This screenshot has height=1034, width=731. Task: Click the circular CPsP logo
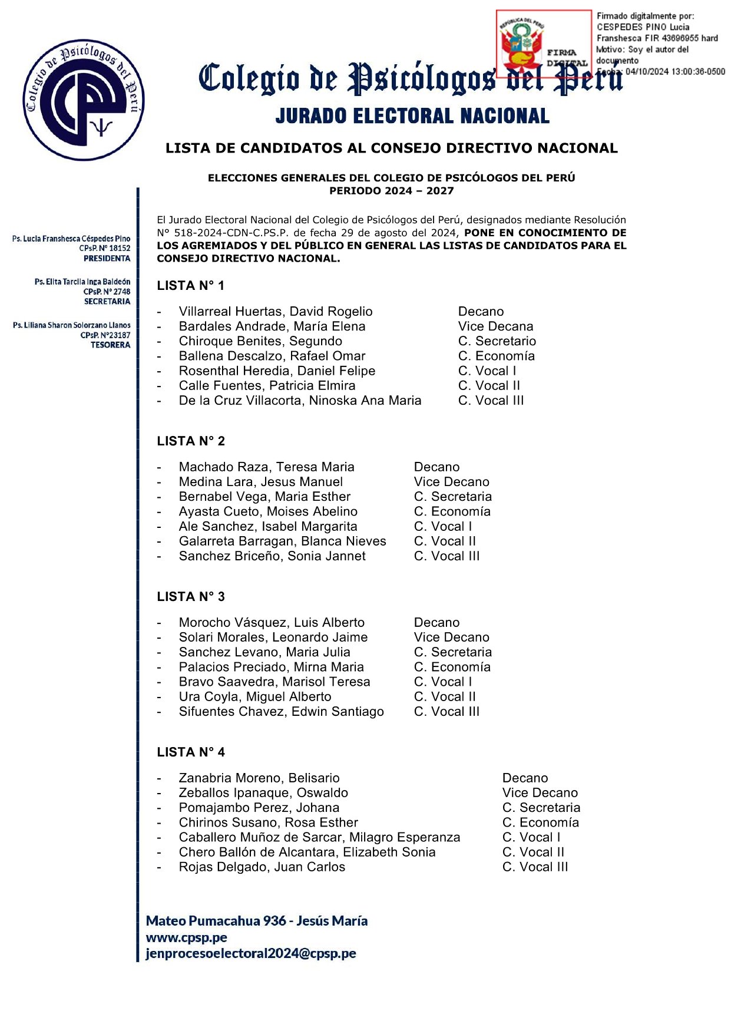click(84, 100)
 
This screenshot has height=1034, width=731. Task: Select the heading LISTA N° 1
click(190, 286)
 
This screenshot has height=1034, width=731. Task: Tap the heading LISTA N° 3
click(190, 597)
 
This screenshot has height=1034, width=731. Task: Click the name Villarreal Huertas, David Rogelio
click(276, 312)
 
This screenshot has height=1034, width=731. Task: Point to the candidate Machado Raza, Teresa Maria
click(266, 467)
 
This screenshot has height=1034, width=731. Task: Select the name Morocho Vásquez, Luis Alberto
click(272, 623)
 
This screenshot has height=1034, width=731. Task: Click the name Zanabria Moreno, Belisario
click(259, 778)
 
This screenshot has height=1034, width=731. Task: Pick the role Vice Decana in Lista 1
click(495, 326)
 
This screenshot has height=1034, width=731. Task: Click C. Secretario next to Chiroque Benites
click(497, 341)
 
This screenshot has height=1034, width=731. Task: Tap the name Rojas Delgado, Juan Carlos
click(262, 867)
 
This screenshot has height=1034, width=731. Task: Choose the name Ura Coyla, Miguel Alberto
click(255, 697)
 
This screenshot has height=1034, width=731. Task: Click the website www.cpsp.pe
click(187, 937)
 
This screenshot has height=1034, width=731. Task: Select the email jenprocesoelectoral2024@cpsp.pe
click(251, 953)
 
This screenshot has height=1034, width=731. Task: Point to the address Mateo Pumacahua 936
click(216, 921)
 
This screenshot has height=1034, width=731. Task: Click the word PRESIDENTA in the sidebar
click(107, 259)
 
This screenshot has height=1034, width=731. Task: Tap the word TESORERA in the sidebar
click(110, 345)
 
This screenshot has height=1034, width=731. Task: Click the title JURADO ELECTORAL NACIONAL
click(412, 116)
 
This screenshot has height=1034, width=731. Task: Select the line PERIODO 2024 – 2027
click(391, 191)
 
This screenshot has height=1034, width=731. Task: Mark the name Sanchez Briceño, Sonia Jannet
click(272, 556)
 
